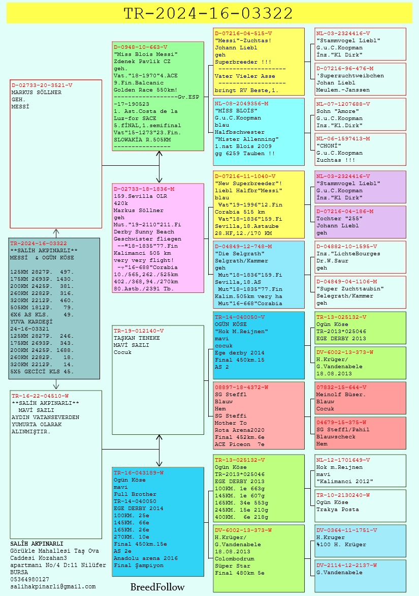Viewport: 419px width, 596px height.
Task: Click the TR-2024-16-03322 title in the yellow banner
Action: pos(208,13)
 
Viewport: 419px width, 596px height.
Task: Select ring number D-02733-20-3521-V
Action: pos(42,85)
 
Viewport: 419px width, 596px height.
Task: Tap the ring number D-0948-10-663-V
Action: pos(140,47)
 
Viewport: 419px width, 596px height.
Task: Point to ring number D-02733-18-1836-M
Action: pos(144,189)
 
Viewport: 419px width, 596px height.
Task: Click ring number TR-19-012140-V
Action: pos(139,331)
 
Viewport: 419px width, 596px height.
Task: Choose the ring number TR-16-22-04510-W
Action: pos(40,396)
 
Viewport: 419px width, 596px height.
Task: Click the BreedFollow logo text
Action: pos(157,587)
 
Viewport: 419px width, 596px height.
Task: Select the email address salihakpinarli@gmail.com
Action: pos(53,586)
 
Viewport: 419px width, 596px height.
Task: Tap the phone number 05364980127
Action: pos(29,579)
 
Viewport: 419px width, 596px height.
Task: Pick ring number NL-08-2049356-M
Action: pos(241,103)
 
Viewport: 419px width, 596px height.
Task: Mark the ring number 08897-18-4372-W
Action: pos(241,387)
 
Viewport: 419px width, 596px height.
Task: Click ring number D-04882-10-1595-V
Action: pos(347,246)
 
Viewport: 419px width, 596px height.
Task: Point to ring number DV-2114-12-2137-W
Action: pos(347,565)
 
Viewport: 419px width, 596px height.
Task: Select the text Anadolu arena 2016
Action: pos(146,558)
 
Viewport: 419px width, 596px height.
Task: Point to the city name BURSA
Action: pos(19,572)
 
